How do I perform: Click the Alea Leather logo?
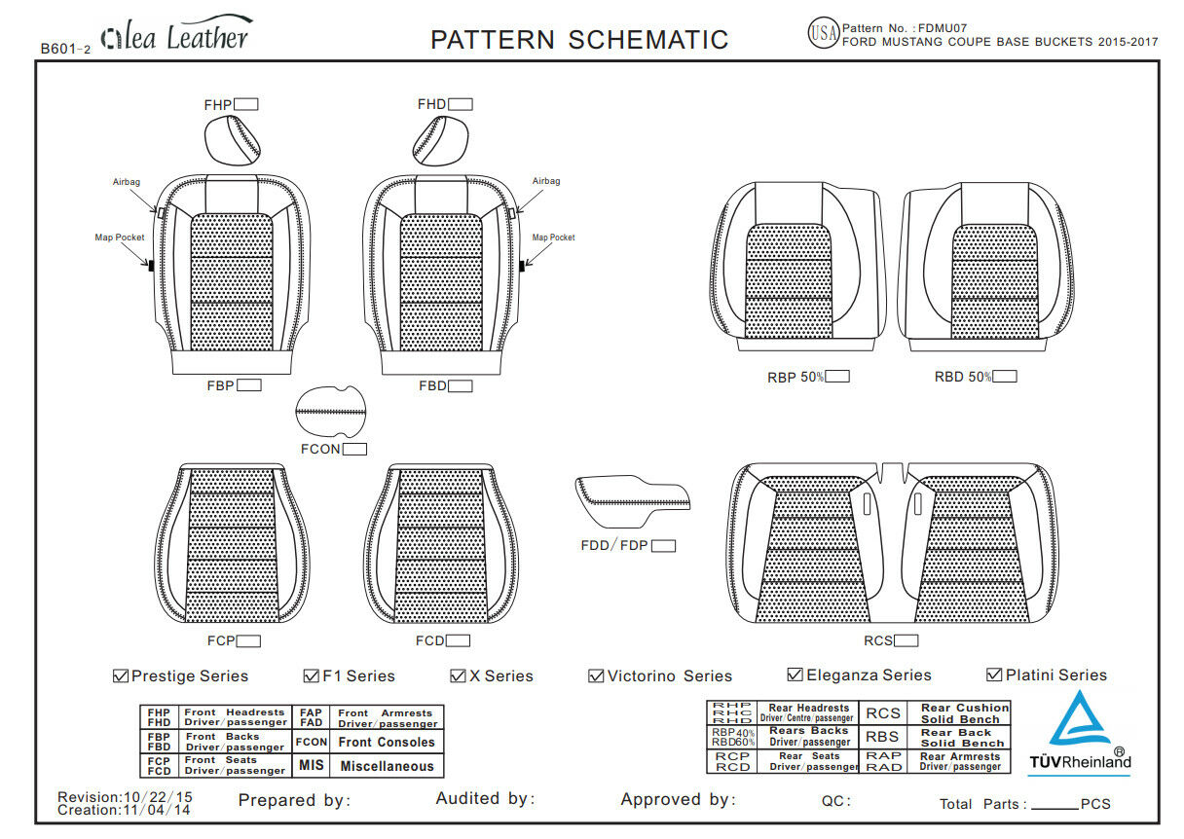click(175, 36)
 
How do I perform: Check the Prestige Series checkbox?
click(122, 676)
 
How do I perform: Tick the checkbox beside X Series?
click(458, 676)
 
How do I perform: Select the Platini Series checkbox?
click(994, 675)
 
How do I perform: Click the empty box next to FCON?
click(354, 450)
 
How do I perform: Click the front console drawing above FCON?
click(331, 413)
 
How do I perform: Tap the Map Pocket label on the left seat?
click(116, 237)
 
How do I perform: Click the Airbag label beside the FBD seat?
click(546, 181)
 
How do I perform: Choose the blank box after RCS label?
click(906, 641)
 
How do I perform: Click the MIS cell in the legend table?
click(312, 766)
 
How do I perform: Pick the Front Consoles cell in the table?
click(387, 743)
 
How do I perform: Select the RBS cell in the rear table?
click(883, 738)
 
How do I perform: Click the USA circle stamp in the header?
click(823, 34)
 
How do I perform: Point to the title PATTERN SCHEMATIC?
click(579, 40)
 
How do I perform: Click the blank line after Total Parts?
click(1054, 805)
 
